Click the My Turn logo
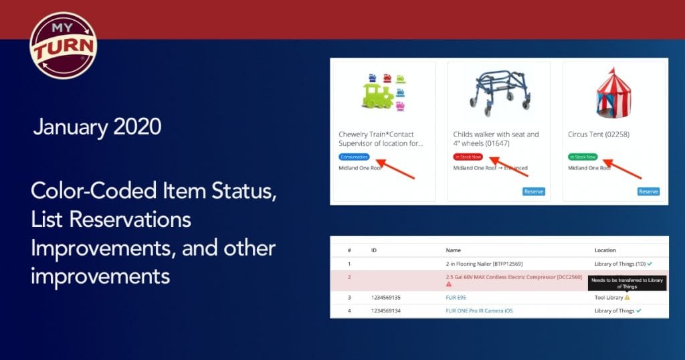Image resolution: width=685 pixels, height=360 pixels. [64, 46]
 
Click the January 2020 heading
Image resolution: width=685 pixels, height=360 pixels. [97, 126]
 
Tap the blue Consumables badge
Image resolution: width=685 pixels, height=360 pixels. [354, 157]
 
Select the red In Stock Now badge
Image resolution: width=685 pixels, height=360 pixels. [468, 157]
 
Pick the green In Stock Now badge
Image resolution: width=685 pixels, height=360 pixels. [583, 157]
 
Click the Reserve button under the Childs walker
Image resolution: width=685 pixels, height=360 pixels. [534, 191]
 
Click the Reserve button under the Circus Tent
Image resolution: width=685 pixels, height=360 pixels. [648, 191]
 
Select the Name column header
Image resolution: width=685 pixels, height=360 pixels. [454, 250]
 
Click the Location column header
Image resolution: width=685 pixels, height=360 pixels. [605, 250]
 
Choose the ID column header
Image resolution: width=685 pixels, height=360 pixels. [374, 250]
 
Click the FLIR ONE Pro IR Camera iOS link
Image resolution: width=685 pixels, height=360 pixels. [480, 310]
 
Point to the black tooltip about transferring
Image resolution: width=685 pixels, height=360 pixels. [627, 283]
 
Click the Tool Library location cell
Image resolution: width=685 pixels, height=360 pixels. [609, 297]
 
